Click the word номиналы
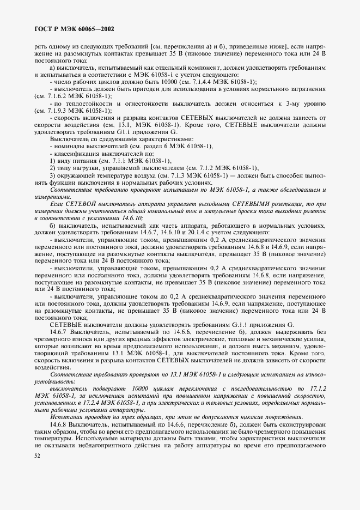[68, 147]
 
